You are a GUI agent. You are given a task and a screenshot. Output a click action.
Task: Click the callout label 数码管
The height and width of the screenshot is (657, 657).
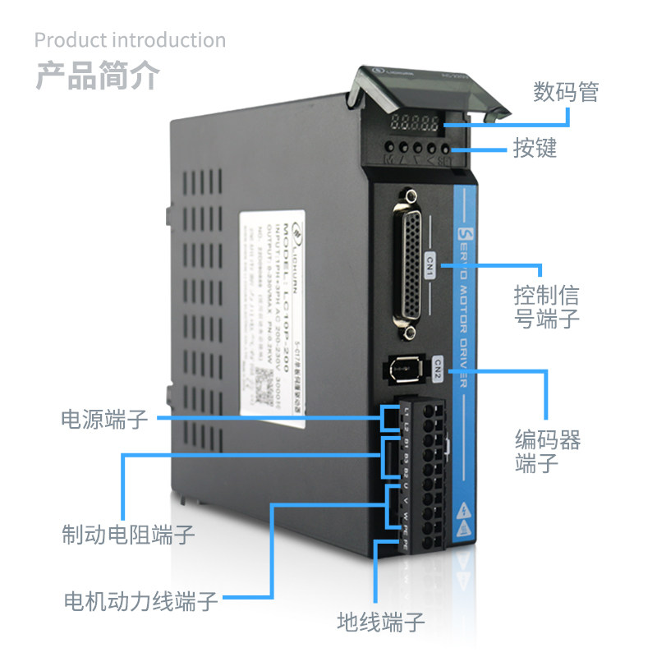(565, 90)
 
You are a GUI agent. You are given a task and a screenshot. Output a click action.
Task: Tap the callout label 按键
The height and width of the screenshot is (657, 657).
(535, 148)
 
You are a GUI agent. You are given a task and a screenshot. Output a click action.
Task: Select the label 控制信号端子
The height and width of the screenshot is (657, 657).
(547, 306)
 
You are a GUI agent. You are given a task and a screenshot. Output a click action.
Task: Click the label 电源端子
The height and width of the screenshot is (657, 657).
(104, 419)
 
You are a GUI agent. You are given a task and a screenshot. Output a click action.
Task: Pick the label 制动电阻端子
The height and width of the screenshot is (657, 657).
(128, 535)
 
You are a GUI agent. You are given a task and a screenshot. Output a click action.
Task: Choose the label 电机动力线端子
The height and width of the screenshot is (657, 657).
(141, 600)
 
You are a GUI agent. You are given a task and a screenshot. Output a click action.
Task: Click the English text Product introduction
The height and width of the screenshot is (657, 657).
(130, 39)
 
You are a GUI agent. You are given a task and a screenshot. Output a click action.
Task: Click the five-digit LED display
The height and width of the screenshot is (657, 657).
(416, 123)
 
